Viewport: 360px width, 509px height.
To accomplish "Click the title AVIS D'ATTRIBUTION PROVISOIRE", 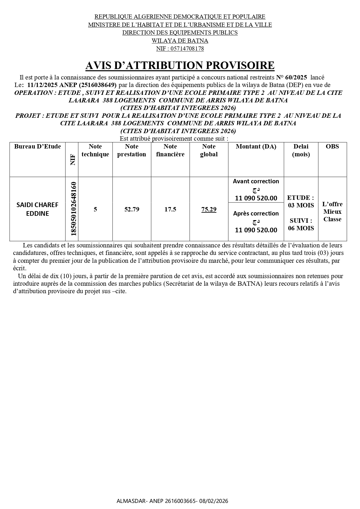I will point(180,66).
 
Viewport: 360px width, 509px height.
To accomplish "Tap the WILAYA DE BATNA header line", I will point(180,41).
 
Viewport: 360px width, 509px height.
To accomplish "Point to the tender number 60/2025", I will point(296,77).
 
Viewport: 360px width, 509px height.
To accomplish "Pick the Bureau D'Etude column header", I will point(37,146).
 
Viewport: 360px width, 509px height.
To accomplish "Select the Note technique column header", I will point(95,150).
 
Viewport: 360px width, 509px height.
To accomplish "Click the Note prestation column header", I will point(131,150).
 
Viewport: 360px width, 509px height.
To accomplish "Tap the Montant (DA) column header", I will point(256,146).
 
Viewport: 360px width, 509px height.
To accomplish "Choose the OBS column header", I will point(332,146).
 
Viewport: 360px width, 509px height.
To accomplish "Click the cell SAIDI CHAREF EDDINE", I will point(37,209).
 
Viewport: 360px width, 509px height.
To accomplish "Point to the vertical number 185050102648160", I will point(73,209).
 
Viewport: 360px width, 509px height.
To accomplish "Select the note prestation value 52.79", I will point(132,209).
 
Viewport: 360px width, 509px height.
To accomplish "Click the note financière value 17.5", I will point(170,209).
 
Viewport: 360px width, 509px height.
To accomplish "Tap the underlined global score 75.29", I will point(209,209).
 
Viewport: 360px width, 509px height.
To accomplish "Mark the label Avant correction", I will point(256,181).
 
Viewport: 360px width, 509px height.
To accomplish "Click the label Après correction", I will point(256,213).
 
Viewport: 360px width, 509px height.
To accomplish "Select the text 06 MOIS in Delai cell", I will point(301,228).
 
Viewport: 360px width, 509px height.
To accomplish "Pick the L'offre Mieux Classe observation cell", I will point(332,211).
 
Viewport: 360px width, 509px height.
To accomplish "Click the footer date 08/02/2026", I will point(215,501).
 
